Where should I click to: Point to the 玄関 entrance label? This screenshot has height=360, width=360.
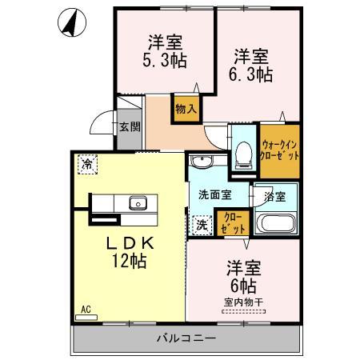tap(130, 126)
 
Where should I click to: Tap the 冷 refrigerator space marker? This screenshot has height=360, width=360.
tap(86, 163)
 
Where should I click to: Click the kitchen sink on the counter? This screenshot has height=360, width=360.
tap(138, 202)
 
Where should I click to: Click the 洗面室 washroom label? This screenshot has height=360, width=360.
tap(216, 193)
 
